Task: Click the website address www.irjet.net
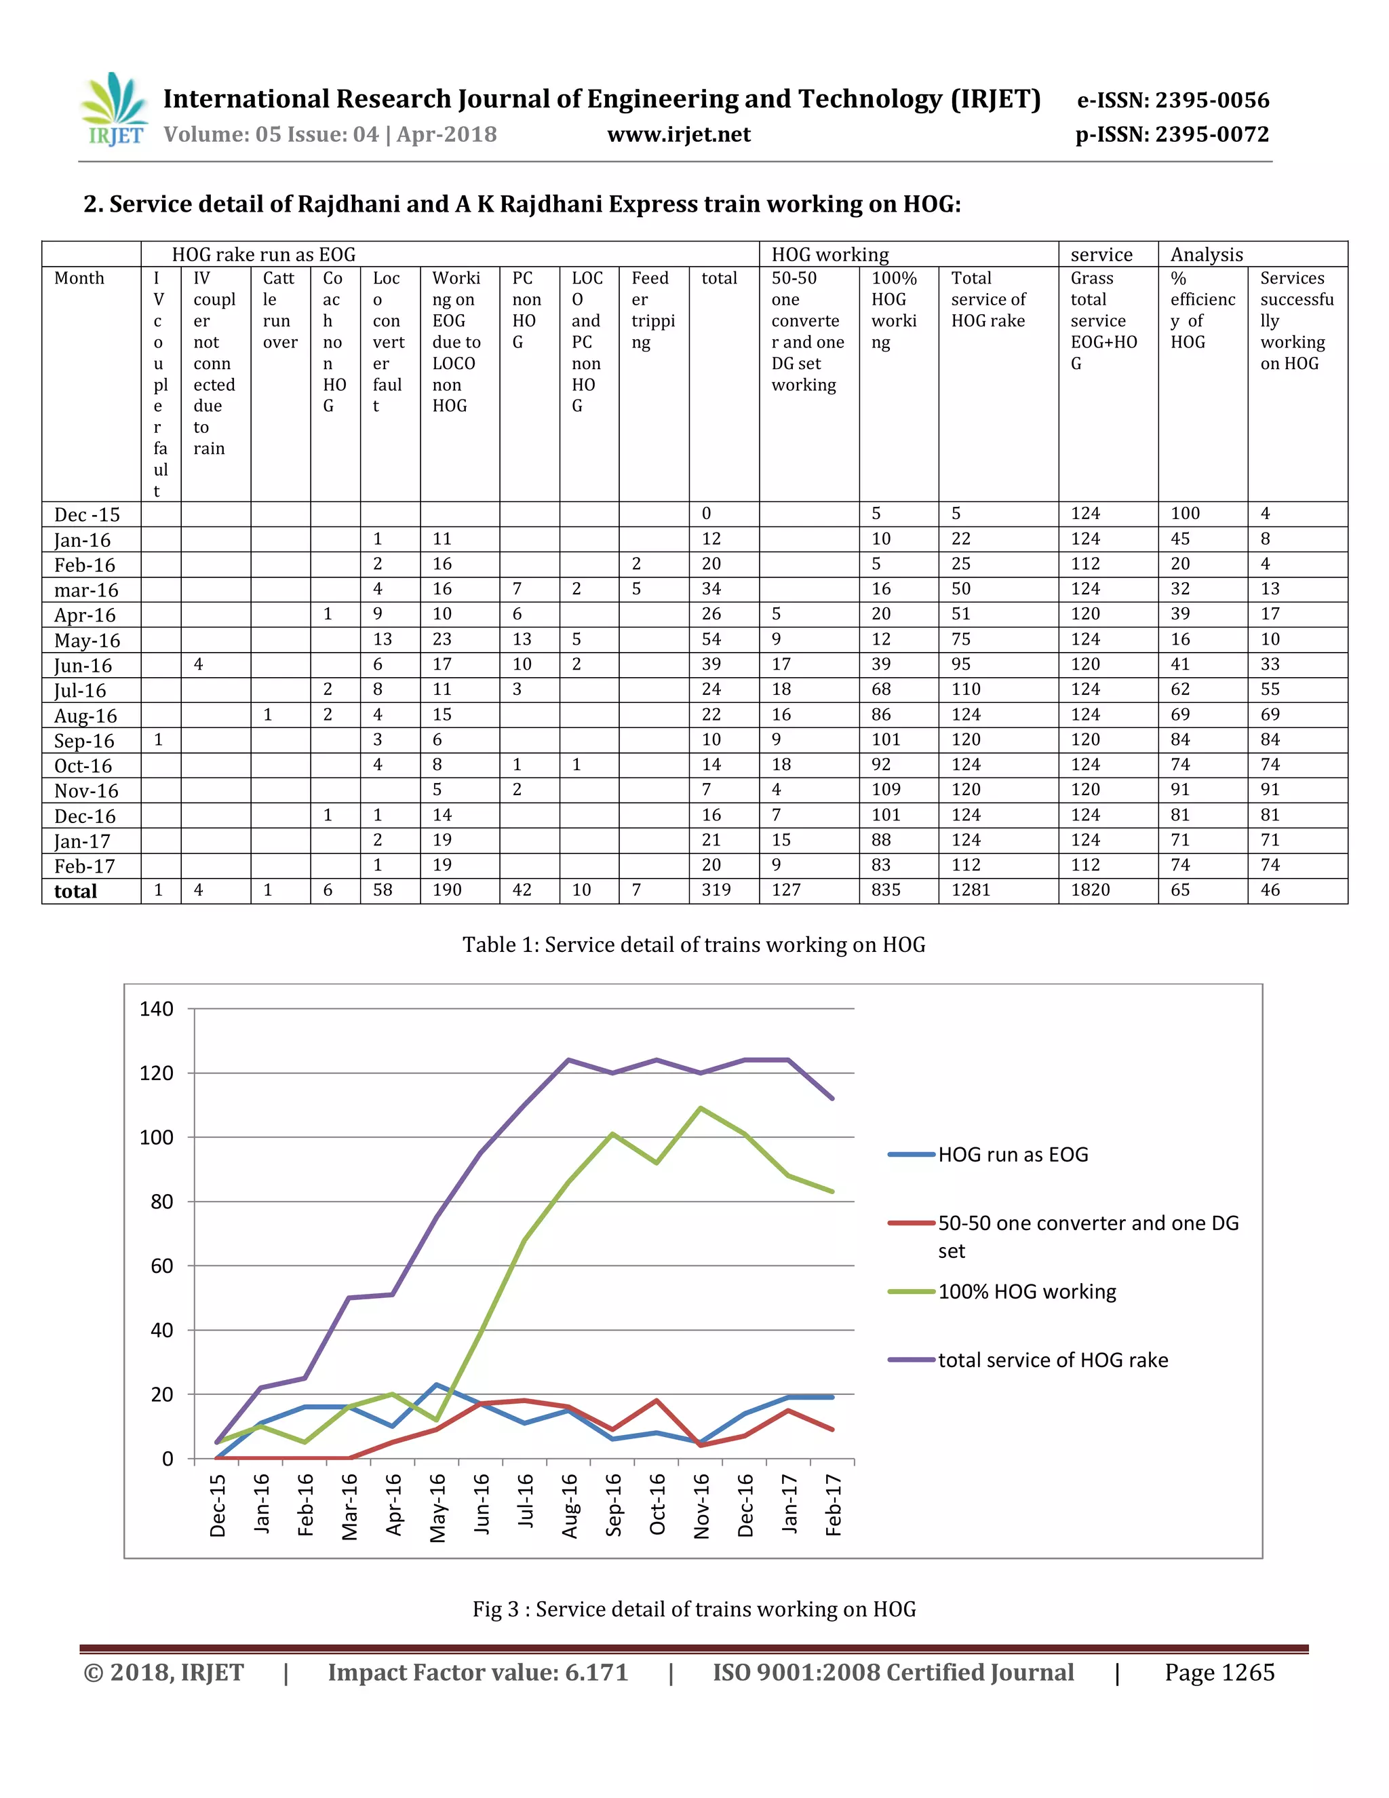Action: click(x=679, y=134)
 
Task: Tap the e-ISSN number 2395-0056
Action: click(x=1212, y=100)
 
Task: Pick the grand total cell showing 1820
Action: click(x=1091, y=890)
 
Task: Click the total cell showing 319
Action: click(x=716, y=890)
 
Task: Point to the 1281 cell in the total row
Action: click(x=971, y=890)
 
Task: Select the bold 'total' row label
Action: click(x=76, y=892)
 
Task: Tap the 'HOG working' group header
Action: click(x=829, y=254)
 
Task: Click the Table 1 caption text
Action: click(x=694, y=944)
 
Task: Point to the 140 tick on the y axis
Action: click(x=157, y=1010)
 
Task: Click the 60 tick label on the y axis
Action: click(x=162, y=1266)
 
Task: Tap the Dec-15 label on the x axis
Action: click(x=217, y=1506)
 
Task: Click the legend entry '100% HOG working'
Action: click(x=1002, y=1292)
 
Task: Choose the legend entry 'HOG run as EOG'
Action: click(x=988, y=1154)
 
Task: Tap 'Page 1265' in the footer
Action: click(x=1219, y=1673)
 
